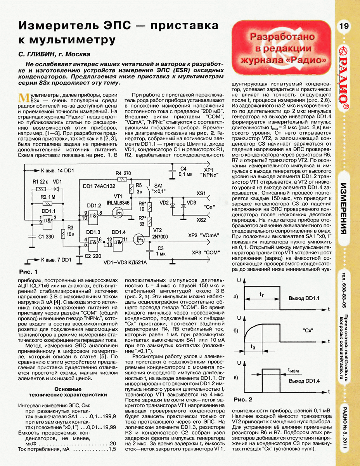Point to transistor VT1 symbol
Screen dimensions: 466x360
tap(118, 212)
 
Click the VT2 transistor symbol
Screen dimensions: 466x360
tap(138, 237)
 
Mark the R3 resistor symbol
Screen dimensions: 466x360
tap(63, 234)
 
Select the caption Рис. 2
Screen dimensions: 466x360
tap(243, 399)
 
